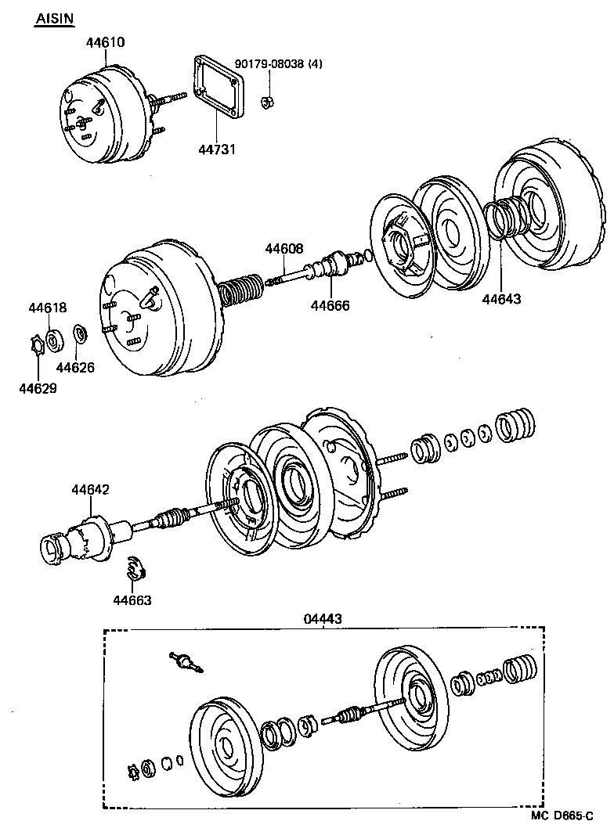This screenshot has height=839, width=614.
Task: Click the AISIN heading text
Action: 53,19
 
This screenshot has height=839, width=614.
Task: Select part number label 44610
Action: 106,42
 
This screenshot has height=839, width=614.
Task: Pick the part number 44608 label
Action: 284,249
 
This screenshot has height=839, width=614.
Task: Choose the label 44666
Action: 330,305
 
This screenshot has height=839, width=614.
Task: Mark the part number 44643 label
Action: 501,298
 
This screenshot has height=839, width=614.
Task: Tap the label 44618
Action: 49,308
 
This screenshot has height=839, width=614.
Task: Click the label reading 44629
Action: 38,387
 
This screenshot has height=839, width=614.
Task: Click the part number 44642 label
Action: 90,489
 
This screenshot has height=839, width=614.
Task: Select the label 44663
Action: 132,600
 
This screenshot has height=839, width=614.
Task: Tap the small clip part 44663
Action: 135,570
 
